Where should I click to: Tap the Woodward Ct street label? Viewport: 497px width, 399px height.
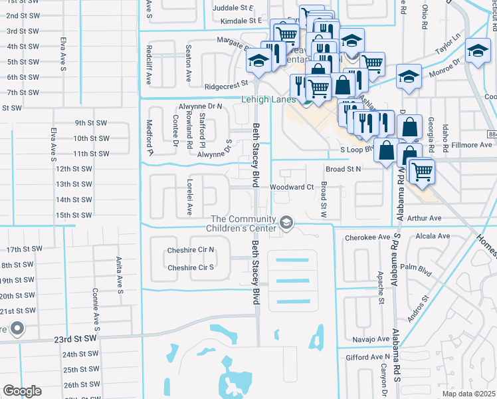click(x=291, y=188)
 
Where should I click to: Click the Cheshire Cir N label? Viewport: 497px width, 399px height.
click(x=191, y=250)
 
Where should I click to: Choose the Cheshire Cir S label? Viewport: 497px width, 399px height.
click(x=191, y=268)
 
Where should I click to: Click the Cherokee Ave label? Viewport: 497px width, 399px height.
click(x=365, y=237)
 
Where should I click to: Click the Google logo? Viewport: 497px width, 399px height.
click(x=22, y=391)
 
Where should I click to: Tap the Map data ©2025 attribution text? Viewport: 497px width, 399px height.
click(x=468, y=394)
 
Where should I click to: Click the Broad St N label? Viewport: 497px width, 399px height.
click(x=342, y=170)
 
